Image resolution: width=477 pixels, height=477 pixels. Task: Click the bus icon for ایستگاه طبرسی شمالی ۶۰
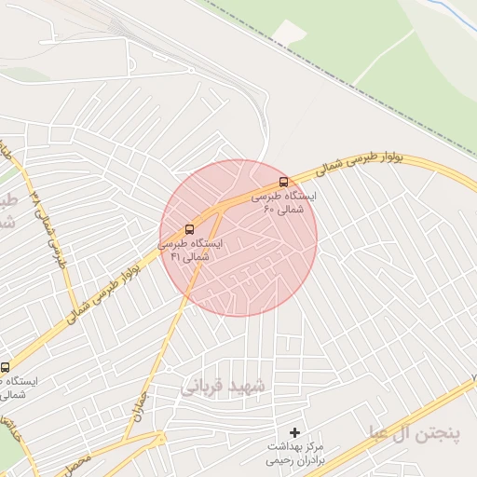tap(283, 183)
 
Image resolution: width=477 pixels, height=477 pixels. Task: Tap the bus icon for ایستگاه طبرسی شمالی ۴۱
tap(190, 228)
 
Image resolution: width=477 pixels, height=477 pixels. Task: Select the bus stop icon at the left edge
tap(6, 367)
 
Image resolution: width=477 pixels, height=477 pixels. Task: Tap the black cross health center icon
tap(295, 432)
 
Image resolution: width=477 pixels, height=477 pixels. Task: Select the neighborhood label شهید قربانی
tap(223, 384)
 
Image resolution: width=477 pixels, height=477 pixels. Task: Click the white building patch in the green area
tap(291, 33)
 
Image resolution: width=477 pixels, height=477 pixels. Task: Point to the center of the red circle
tap(238, 238)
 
